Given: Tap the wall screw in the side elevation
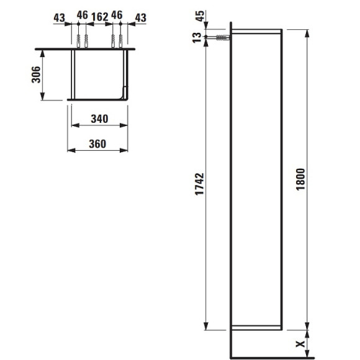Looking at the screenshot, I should [220, 38].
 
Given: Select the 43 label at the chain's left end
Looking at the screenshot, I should [59, 17].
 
